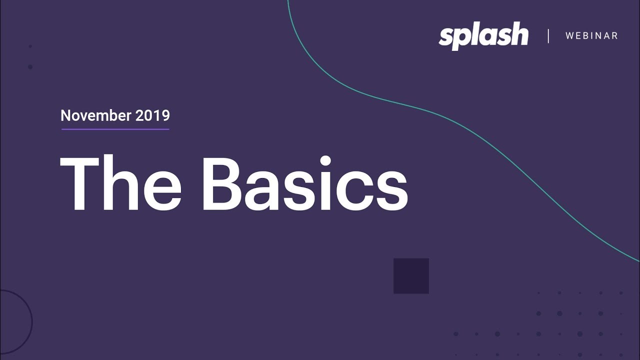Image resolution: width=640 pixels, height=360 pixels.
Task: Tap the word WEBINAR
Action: pos(591,36)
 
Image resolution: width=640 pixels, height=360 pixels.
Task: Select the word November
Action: pos(95,116)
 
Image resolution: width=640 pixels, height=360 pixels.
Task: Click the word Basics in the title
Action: pos(304,183)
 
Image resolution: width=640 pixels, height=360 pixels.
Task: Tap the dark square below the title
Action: pos(411,276)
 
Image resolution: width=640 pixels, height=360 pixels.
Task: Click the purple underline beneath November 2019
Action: pos(115,129)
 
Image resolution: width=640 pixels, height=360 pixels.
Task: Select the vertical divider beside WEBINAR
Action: pos(548,36)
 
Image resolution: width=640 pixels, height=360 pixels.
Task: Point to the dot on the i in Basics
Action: pos(325,161)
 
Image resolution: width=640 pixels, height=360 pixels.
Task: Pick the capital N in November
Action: pos(65,116)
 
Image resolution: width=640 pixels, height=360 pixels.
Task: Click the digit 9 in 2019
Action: pos(165,116)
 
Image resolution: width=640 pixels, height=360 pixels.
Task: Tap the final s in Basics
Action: pos(390,190)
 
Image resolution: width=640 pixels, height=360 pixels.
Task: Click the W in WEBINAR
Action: pos(569,36)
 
